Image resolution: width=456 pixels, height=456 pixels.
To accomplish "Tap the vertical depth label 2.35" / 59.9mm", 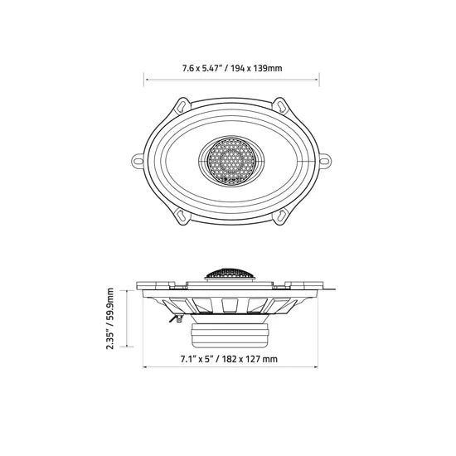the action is tap(110, 318).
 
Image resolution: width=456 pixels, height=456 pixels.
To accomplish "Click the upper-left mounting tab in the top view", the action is tap(182, 106).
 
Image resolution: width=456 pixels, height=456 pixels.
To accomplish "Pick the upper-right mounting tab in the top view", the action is tap(280, 106).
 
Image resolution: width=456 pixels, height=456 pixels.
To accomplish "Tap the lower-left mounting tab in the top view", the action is tap(182, 216).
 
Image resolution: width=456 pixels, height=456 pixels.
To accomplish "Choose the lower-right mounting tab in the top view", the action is tap(280, 216).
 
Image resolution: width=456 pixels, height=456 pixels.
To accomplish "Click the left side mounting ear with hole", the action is tap(138, 161).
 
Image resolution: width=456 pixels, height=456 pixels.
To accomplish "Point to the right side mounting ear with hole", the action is tap(326, 161).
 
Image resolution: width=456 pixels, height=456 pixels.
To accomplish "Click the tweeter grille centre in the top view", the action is tap(231, 162).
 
